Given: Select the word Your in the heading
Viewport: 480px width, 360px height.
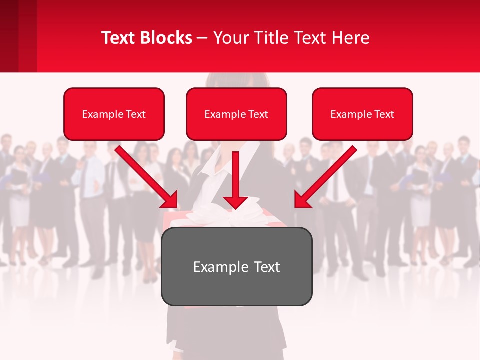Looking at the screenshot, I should (x=231, y=38).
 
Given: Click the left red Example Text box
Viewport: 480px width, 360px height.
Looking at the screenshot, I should (x=114, y=114).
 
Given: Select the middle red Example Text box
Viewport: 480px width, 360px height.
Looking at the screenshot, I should (x=236, y=114).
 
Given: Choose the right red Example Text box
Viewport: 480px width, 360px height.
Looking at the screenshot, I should (x=362, y=114).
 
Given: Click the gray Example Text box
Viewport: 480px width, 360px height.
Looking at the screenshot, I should (x=236, y=266).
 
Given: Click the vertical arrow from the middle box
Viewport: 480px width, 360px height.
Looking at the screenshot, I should (x=236, y=175).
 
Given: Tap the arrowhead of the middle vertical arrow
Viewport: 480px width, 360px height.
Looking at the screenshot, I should (x=236, y=202).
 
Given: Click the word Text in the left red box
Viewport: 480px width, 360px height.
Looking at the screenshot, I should (x=136, y=114).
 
